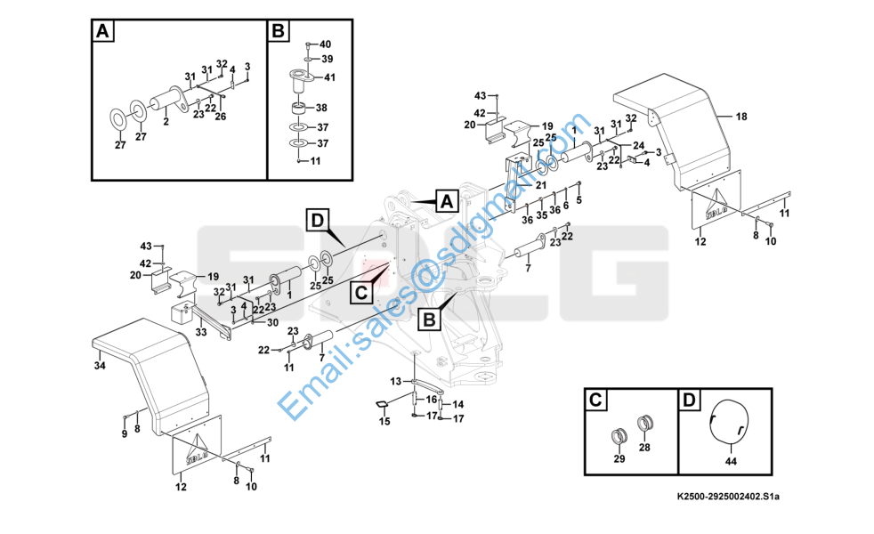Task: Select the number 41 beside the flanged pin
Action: tap(329, 78)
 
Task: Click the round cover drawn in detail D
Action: tap(728, 421)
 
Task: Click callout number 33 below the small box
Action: tap(201, 333)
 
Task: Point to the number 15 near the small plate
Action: tap(384, 422)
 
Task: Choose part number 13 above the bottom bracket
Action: tap(397, 381)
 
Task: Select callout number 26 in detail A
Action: tap(221, 117)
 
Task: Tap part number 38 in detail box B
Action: tap(322, 107)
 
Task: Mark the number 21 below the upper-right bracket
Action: tap(540, 185)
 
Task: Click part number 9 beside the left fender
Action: tap(124, 433)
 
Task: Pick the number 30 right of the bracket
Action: tap(272, 322)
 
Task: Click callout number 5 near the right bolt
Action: tap(579, 201)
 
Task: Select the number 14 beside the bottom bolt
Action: tap(459, 404)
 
